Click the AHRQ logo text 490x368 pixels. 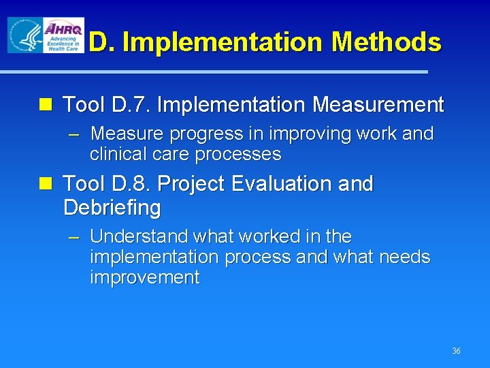point(63,29)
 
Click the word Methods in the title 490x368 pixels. point(387,42)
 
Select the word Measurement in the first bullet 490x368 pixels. point(378,105)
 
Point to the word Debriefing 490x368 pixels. point(112,207)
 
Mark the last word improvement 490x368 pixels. point(144,277)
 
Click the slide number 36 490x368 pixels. point(456,351)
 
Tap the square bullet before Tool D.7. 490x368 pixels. point(46,105)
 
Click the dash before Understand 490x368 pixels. point(74,237)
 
